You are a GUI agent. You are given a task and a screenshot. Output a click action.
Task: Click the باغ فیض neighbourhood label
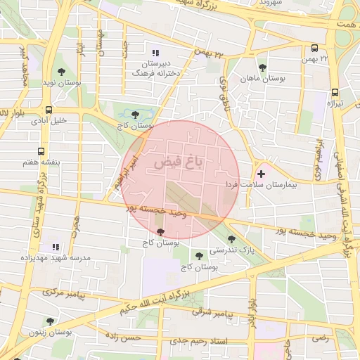click(x=178, y=163)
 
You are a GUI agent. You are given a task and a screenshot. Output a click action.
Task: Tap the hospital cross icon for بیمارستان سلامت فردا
click(x=262, y=173)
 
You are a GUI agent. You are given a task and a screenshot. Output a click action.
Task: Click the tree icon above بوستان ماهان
click(x=262, y=68)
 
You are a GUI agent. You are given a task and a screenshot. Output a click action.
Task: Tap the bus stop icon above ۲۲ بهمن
click(x=314, y=49)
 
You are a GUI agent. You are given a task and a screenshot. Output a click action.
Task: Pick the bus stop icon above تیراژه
click(x=335, y=92)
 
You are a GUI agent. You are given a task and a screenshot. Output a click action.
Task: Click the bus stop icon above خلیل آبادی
click(x=49, y=110)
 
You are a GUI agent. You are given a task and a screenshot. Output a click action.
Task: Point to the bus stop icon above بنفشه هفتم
click(x=41, y=151)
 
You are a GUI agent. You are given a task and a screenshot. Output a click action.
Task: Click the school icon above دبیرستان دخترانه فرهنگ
click(x=155, y=52)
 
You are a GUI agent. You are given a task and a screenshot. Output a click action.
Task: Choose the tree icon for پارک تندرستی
click(x=231, y=239)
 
